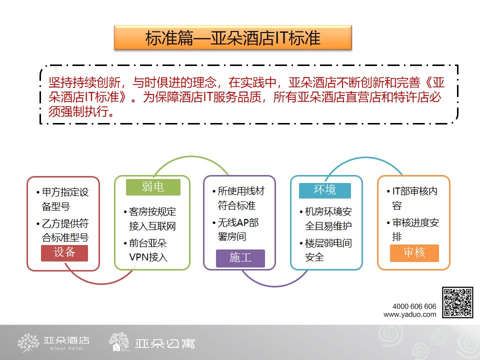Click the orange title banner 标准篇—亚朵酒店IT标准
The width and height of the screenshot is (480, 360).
pos(233,37)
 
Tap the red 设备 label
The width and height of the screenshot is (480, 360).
pos(64,253)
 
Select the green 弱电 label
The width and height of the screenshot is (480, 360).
pos(153,186)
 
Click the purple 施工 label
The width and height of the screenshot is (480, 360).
pos(240,258)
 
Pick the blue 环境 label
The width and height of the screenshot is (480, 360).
pos(325,190)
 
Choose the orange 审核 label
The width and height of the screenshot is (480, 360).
pos(414,253)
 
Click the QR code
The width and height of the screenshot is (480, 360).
pos(457,302)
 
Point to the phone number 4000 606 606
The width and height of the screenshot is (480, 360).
pos(414,306)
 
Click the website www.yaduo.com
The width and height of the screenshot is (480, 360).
pos(410,314)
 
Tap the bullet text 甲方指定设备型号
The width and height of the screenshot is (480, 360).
pos(62,199)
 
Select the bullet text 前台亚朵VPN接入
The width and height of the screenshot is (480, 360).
pos(145,250)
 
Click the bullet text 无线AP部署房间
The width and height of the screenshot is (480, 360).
pos(235,229)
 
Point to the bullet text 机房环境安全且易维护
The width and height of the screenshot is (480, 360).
pos(325,218)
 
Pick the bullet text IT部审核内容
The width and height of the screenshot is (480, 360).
pos(412,198)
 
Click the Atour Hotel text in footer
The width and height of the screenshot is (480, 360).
pos(66,348)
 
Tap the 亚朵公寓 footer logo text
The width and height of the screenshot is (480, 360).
pos(164,344)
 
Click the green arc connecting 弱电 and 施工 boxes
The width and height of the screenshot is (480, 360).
pos(191,156)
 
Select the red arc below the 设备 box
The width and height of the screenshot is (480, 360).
pos(101,283)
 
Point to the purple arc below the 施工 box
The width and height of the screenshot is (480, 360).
pos(275,286)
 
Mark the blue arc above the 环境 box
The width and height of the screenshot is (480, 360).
pos(366,158)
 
